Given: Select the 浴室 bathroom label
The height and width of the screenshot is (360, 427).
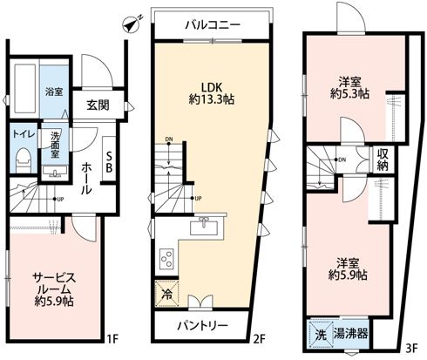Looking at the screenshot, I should point(55,91).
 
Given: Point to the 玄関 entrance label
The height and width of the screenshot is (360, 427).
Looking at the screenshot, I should point(98,105).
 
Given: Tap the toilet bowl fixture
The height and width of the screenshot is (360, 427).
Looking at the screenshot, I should point(24,158).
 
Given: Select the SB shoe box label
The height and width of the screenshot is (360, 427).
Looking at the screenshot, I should point(109,161).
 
